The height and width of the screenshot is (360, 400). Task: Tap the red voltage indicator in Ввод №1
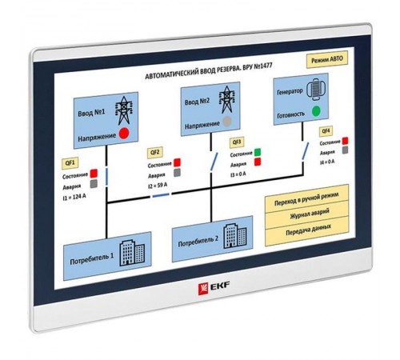[x=124, y=133]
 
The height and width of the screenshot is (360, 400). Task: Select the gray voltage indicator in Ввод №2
[x=229, y=121]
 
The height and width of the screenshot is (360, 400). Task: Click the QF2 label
[x=155, y=151]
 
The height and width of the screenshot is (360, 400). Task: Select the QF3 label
[x=237, y=141]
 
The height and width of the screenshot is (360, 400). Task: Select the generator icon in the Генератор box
[x=314, y=88]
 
